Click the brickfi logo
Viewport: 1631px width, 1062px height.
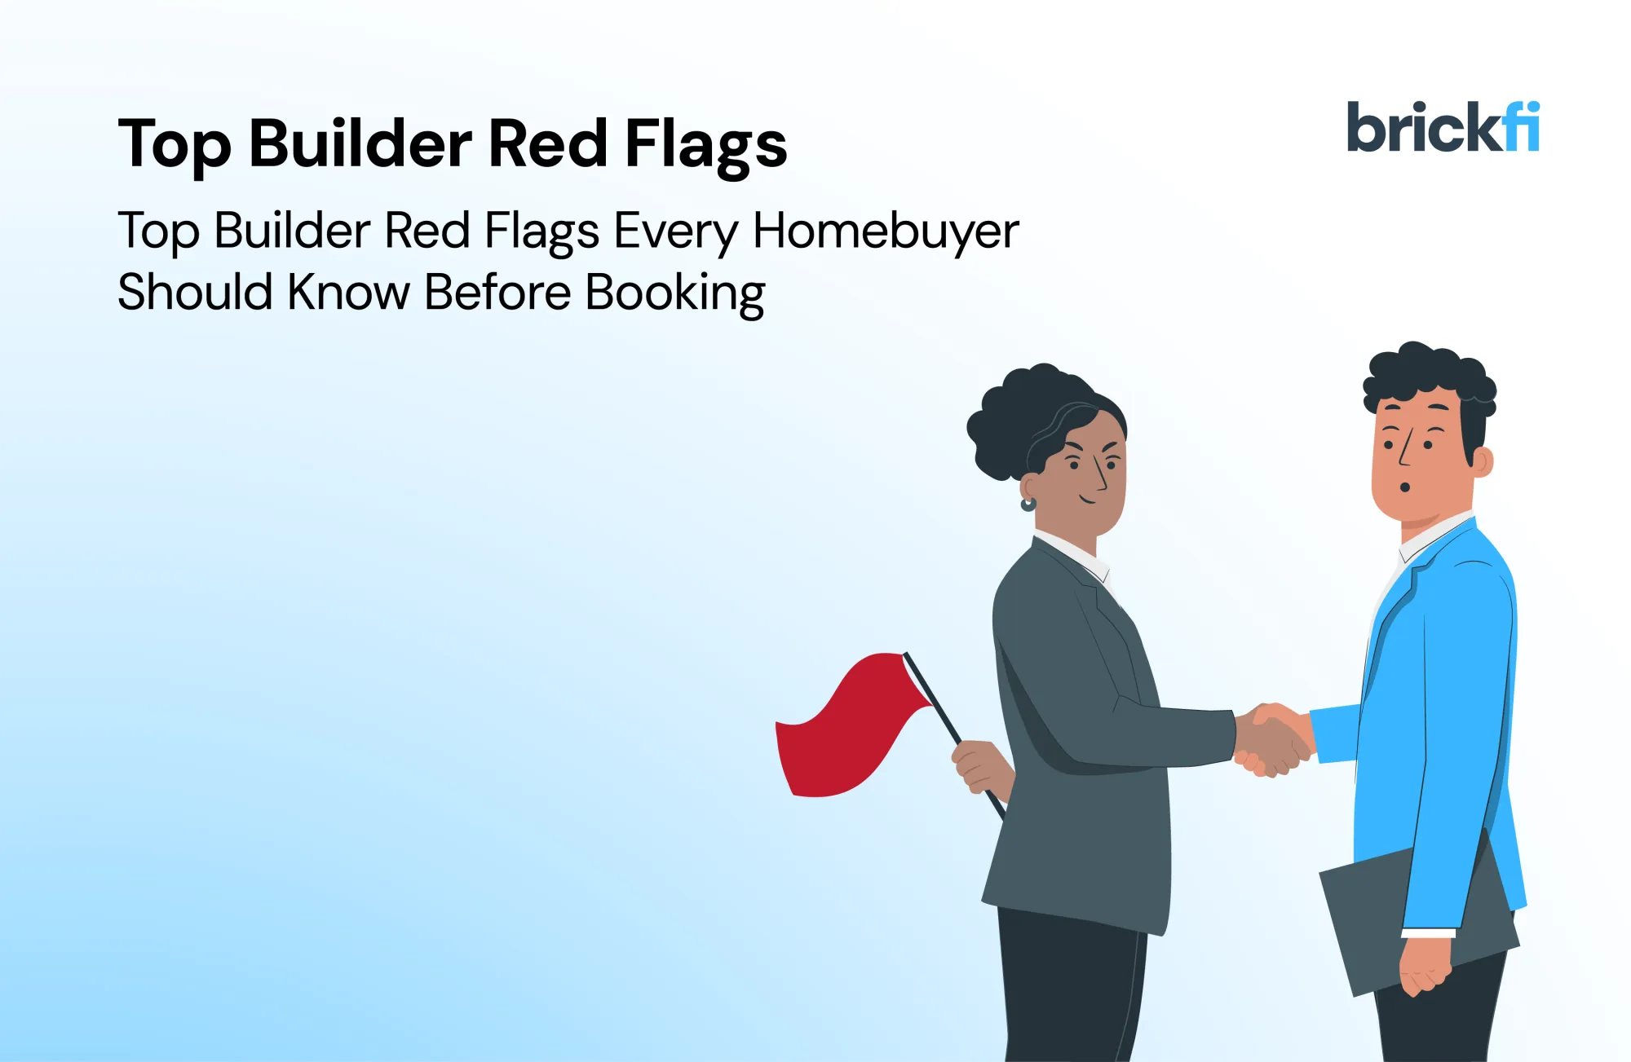pos(1442,127)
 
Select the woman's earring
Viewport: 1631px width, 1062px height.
pos(1028,504)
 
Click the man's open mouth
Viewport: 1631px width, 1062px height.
pos(1405,487)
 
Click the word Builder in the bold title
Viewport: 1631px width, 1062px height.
pos(360,143)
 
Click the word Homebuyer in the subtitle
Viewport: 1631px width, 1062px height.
pos(885,231)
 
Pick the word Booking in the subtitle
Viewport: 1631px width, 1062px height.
pos(675,293)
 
